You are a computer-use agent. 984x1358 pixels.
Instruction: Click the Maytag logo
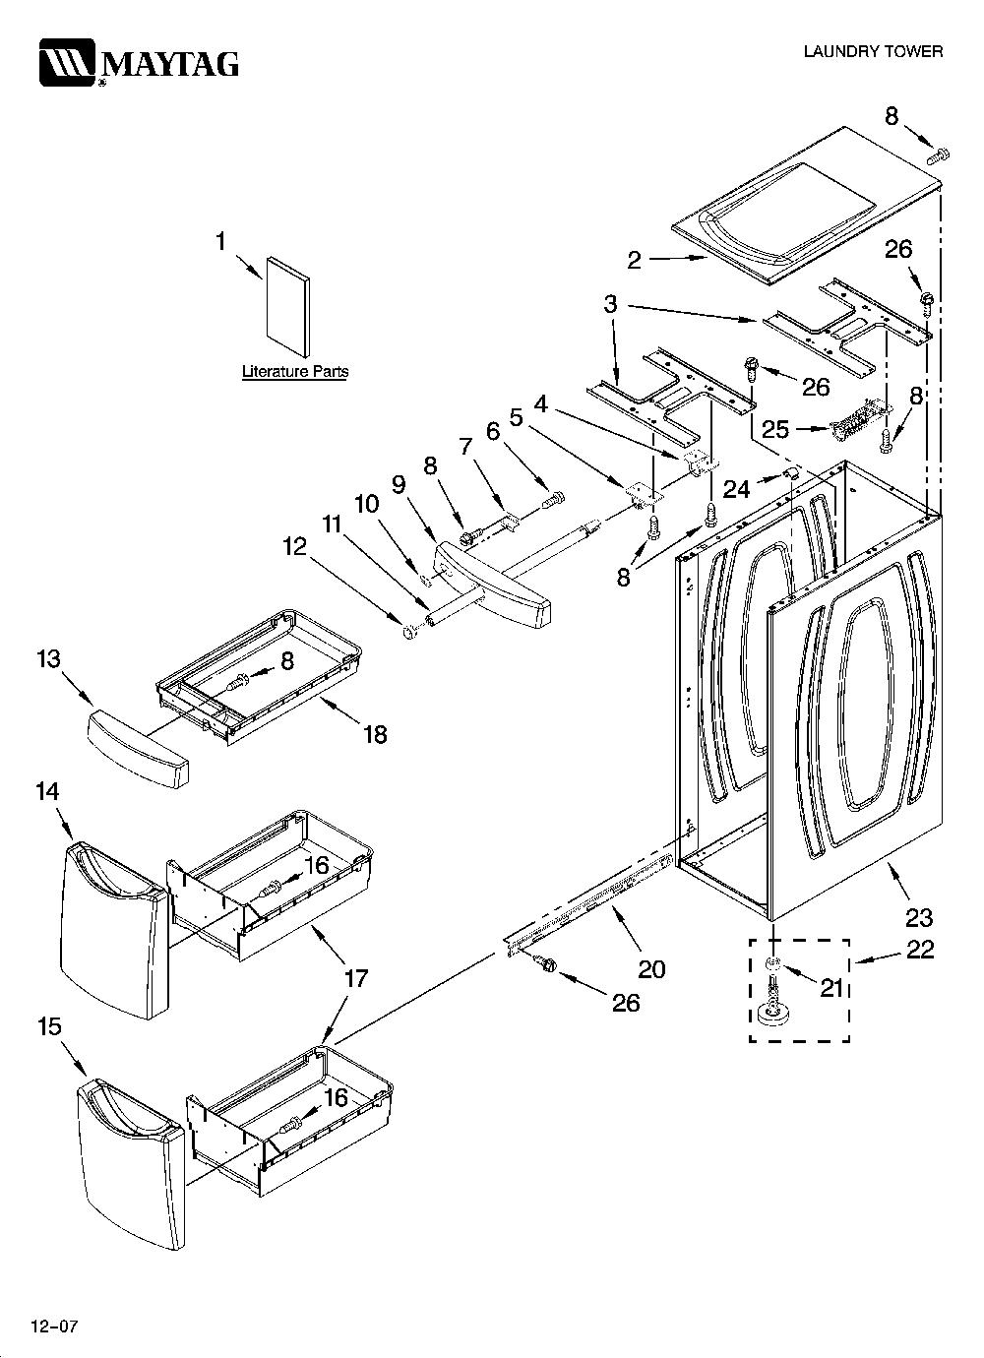[x=139, y=63]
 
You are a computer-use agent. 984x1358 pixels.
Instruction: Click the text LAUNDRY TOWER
[x=873, y=51]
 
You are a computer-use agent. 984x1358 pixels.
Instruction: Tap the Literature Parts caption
[x=295, y=371]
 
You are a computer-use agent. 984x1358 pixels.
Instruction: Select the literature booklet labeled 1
[x=288, y=306]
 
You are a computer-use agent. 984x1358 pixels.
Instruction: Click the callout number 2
[x=634, y=260]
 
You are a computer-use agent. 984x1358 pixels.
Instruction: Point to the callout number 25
[x=774, y=430]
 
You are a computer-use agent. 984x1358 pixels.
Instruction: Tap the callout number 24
[x=736, y=488]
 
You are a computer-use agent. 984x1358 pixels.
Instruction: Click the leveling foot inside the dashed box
[x=772, y=1006]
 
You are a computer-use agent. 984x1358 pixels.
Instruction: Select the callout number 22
[x=920, y=950]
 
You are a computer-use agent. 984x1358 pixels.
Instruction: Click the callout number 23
[x=918, y=918]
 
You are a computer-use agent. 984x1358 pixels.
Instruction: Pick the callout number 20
[x=652, y=970]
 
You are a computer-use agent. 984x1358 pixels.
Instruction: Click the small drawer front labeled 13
[x=139, y=750]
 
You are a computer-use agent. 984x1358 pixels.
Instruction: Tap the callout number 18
[x=375, y=735]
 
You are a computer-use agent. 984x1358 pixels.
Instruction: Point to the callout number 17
[x=355, y=978]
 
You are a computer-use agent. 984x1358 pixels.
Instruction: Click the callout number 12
[x=294, y=547]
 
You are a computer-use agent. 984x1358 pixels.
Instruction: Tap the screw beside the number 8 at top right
[x=938, y=155]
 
